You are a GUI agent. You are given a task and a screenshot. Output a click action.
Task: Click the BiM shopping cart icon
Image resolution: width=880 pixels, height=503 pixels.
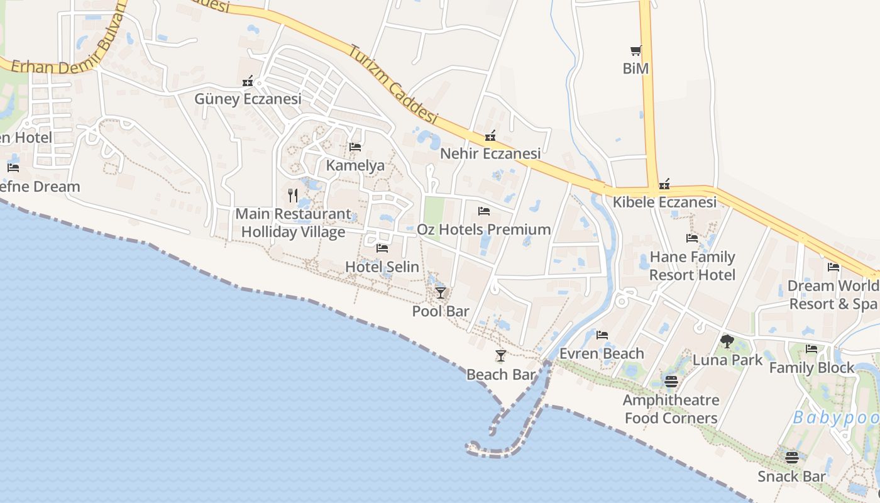(x=635, y=51)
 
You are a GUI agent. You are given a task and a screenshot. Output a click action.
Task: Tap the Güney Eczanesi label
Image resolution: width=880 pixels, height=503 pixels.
(x=248, y=99)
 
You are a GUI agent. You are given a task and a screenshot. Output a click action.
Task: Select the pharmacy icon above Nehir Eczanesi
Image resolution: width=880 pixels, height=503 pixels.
(x=490, y=136)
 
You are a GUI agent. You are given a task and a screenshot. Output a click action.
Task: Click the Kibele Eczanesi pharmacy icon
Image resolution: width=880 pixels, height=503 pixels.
(x=664, y=184)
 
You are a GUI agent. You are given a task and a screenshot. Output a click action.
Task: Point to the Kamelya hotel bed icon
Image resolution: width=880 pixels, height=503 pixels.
(x=355, y=147)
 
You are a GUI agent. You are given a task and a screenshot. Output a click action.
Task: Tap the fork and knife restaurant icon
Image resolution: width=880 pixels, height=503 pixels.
(x=293, y=196)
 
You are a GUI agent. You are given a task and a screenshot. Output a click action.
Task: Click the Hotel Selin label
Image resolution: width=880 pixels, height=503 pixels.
(x=382, y=267)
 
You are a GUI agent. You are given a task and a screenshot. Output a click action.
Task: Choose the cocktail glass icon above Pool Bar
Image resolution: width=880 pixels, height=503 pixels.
(x=441, y=292)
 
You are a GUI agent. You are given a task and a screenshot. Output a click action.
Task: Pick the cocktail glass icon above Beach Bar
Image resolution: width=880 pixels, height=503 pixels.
(x=501, y=356)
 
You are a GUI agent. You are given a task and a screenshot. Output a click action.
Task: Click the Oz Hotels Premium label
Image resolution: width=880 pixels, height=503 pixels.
(x=484, y=229)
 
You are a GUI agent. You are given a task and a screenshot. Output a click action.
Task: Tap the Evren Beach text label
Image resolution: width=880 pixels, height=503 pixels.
(x=602, y=353)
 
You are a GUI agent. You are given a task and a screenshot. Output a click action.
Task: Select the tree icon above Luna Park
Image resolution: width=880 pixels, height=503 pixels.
(x=727, y=341)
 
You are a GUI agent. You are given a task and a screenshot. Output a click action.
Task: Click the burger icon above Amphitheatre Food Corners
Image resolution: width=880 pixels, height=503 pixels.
(x=671, y=382)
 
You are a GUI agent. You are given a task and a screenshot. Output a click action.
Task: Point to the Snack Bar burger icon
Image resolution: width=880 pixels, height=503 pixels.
(x=791, y=458)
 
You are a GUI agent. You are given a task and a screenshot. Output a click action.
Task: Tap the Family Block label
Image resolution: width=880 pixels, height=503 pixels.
(x=812, y=368)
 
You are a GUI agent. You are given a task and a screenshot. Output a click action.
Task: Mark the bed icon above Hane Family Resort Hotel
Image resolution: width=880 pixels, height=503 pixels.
(x=692, y=238)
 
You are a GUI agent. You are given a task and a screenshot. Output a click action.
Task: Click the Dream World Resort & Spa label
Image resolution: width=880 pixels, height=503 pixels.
(x=833, y=295)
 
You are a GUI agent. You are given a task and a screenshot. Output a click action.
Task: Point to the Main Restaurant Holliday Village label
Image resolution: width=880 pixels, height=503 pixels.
(x=293, y=223)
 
